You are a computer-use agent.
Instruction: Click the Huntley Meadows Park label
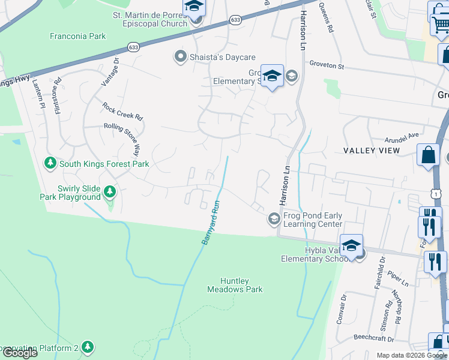pyautogui.click(x=235, y=285)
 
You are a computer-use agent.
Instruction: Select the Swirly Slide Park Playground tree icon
pyautogui.click(x=109, y=191)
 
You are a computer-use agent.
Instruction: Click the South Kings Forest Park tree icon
pyautogui.click(x=50, y=163)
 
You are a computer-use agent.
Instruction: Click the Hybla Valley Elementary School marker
pyautogui.click(x=351, y=246)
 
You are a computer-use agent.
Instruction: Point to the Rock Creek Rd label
pyautogui.click(x=122, y=111)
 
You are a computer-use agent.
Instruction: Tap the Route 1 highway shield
pyautogui.click(x=436, y=193)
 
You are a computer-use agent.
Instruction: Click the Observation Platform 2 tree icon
pyautogui.click(x=88, y=347)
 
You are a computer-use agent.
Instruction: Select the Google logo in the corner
pyautogui.click(x=20, y=353)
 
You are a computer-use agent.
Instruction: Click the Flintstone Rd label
pyautogui.click(x=59, y=98)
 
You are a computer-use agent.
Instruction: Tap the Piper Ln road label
pyautogui.click(x=397, y=277)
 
